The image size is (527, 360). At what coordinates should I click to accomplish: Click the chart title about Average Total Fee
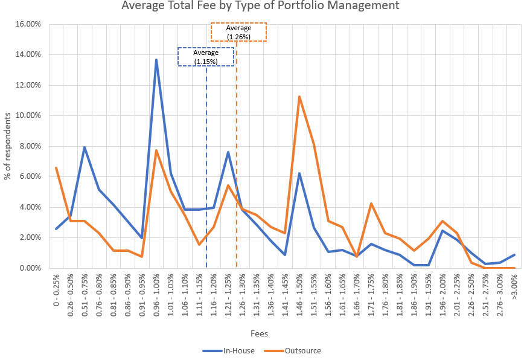pos(260,7)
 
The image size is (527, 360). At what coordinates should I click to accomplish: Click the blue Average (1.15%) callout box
pos(206,57)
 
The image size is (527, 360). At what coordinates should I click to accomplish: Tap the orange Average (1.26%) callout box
pos(238,32)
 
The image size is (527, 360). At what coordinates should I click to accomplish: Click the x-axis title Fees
pos(260,333)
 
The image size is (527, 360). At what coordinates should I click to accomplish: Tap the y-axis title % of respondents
pos(8,146)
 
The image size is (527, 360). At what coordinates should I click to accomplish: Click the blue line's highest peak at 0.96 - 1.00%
pos(156,59)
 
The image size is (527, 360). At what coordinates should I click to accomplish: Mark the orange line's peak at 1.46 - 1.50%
pos(299,97)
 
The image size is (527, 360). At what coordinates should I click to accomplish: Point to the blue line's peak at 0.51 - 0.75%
pos(85,147)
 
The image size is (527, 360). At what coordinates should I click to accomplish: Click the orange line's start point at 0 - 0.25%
pos(56,168)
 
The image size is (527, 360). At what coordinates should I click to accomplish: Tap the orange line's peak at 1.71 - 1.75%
pos(371,204)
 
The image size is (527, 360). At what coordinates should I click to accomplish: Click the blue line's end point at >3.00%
pos(514,255)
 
